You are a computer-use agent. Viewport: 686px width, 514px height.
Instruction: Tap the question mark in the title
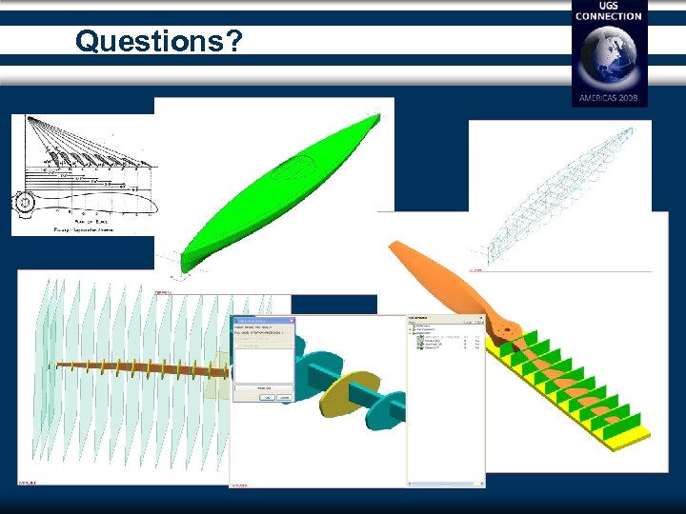click(233, 41)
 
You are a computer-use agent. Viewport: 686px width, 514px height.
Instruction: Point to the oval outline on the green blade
click(295, 170)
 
